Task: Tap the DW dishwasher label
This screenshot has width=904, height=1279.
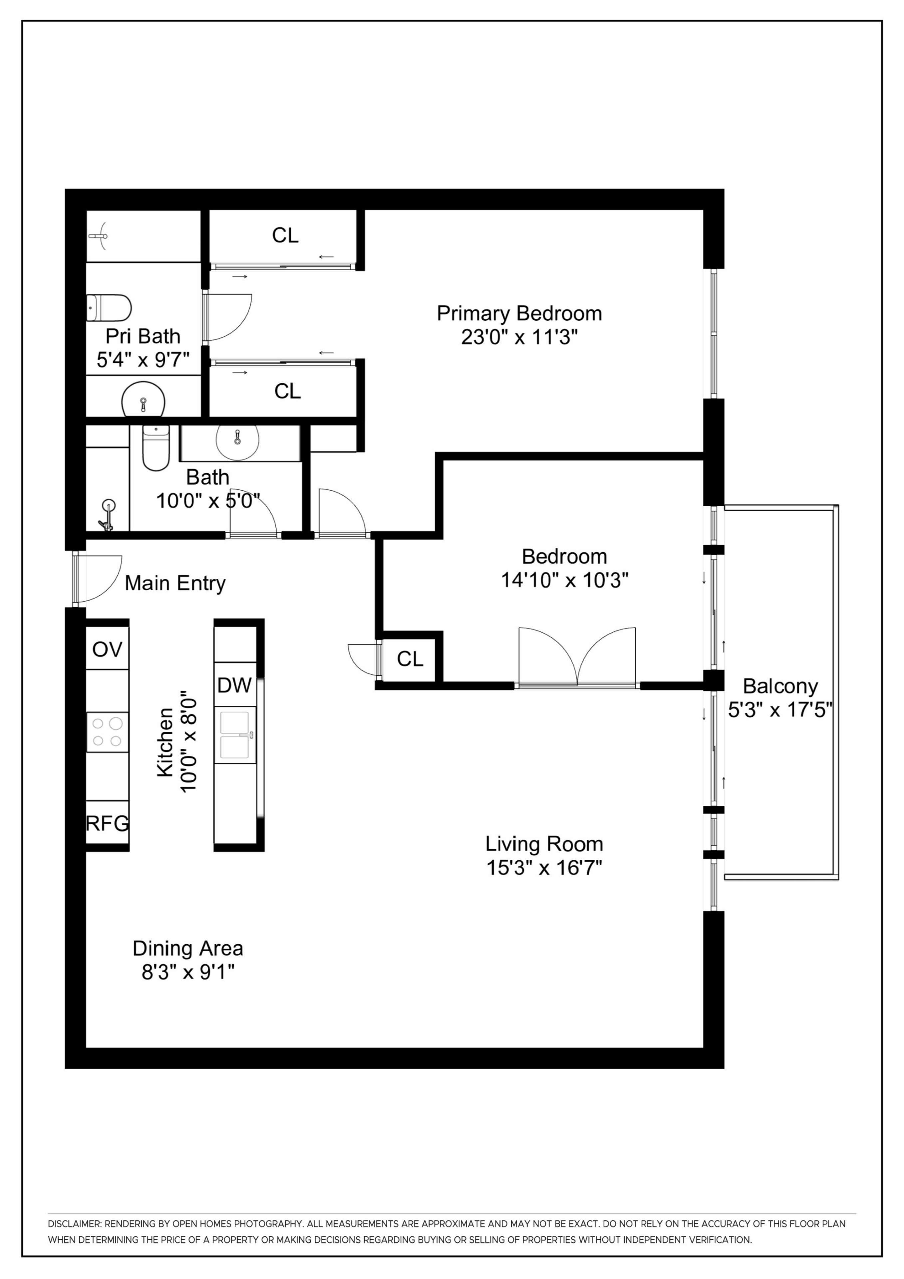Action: (234, 685)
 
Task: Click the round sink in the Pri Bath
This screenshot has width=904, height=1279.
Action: (144, 399)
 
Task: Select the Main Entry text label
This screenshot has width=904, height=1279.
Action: (175, 583)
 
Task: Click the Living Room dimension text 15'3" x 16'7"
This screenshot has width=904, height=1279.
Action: (544, 868)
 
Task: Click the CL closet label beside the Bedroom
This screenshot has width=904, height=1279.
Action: (410, 659)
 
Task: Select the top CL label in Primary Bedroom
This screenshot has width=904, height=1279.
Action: (285, 235)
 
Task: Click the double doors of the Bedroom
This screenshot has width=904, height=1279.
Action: (577, 657)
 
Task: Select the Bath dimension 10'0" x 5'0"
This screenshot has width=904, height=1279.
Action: (208, 501)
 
